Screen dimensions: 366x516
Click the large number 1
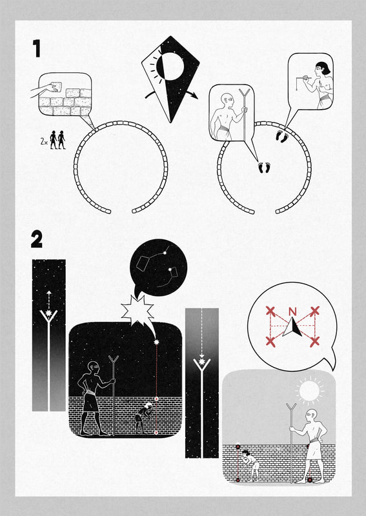(37, 48)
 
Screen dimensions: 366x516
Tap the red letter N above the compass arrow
(292, 312)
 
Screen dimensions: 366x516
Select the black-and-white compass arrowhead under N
(293, 327)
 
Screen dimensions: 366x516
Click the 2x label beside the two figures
(44, 142)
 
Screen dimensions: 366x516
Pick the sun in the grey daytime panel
(309, 391)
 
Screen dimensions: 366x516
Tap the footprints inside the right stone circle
(264, 168)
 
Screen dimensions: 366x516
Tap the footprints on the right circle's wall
(283, 136)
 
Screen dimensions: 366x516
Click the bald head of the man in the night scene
(93, 368)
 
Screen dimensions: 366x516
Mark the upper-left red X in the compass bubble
(270, 310)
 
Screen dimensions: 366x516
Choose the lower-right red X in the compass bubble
(314, 342)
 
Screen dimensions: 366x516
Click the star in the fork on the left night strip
(49, 313)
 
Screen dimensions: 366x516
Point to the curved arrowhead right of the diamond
(195, 96)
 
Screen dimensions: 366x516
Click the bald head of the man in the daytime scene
(311, 416)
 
